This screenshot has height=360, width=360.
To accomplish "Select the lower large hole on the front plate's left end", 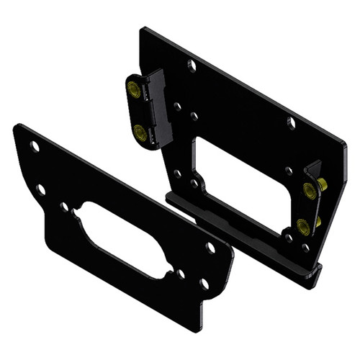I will [x=41, y=190].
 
